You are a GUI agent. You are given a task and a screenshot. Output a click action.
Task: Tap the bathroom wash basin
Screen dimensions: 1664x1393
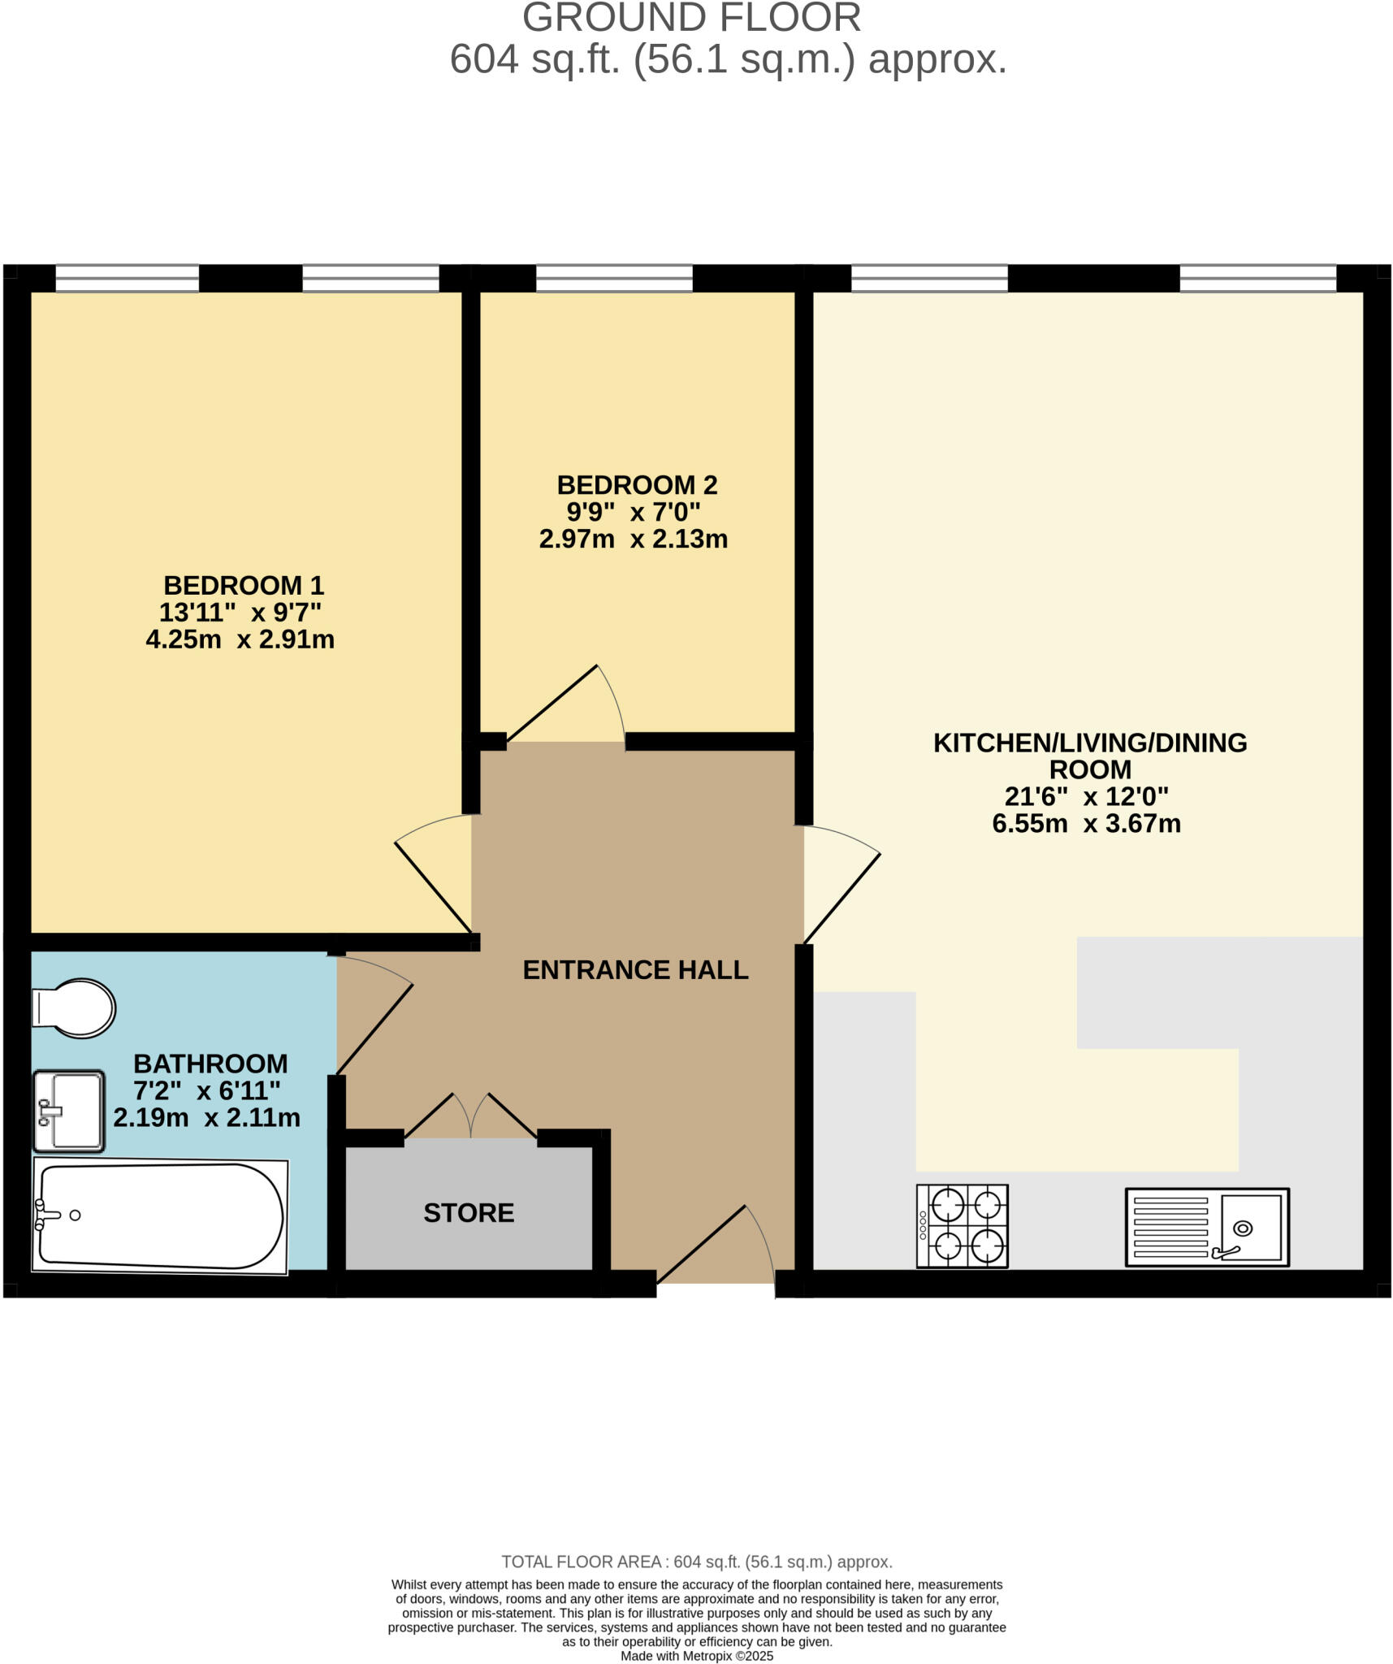[x=69, y=1111]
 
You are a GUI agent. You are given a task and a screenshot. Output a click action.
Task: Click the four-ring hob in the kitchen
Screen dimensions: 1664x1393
[x=962, y=1226]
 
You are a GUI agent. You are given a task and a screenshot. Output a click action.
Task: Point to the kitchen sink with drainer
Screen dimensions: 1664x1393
[x=1206, y=1227]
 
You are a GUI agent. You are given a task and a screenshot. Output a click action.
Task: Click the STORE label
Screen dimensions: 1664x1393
[x=469, y=1213]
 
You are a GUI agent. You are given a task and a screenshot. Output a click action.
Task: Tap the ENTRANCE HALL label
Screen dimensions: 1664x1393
[x=635, y=970]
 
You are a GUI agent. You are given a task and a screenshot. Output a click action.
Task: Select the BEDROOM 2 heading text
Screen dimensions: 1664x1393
[x=637, y=485]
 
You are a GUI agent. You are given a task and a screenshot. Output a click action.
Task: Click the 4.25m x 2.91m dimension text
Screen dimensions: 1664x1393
[x=240, y=639]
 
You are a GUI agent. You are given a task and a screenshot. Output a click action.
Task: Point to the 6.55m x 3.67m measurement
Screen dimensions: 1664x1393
[x=1086, y=824]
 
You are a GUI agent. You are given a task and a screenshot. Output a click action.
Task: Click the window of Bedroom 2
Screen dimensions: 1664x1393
[x=614, y=279]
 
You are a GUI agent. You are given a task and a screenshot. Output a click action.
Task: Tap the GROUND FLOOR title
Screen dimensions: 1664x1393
[x=691, y=18]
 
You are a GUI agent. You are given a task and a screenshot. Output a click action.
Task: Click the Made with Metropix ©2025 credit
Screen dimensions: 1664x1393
[x=696, y=1656]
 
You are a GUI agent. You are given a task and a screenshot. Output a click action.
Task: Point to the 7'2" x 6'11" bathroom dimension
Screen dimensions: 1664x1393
[x=206, y=1090]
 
